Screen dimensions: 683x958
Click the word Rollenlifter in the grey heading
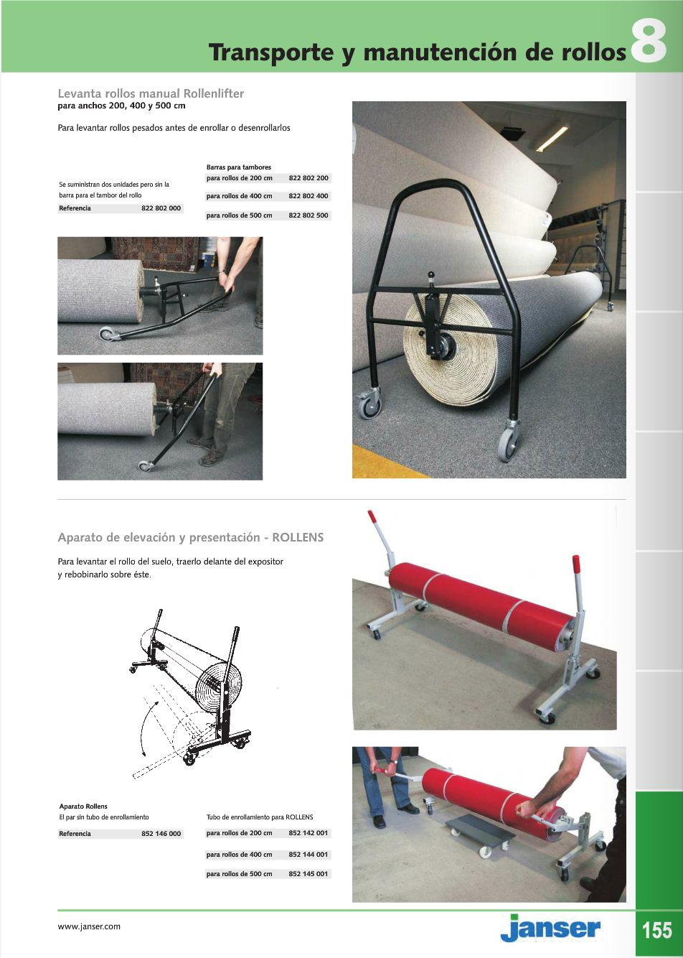[214, 93]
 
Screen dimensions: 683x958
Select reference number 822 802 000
[161, 208]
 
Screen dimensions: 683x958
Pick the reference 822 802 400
[308, 196]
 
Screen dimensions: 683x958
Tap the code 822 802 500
[308, 215]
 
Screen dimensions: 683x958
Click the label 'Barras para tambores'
[239, 167]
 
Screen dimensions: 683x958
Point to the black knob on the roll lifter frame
[431, 276]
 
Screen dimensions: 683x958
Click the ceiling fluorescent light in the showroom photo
[553, 138]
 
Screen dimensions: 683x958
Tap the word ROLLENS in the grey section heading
[298, 538]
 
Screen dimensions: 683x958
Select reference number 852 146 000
[161, 834]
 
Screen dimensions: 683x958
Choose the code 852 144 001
[308, 855]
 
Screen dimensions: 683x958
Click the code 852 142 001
[308, 833]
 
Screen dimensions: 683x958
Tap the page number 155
[657, 931]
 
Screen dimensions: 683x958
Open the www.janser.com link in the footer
[89, 927]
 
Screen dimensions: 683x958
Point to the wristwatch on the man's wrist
[395, 762]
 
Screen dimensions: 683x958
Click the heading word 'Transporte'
[270, 53]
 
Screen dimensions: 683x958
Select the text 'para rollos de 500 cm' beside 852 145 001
[239, 874]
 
